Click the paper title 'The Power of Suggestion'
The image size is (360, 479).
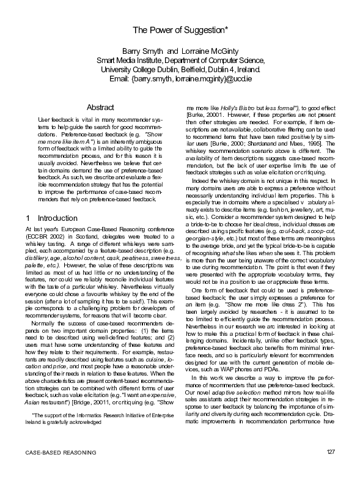180,30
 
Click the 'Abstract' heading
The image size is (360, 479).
100,108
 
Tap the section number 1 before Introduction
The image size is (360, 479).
28,218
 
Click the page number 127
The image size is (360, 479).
331,468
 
